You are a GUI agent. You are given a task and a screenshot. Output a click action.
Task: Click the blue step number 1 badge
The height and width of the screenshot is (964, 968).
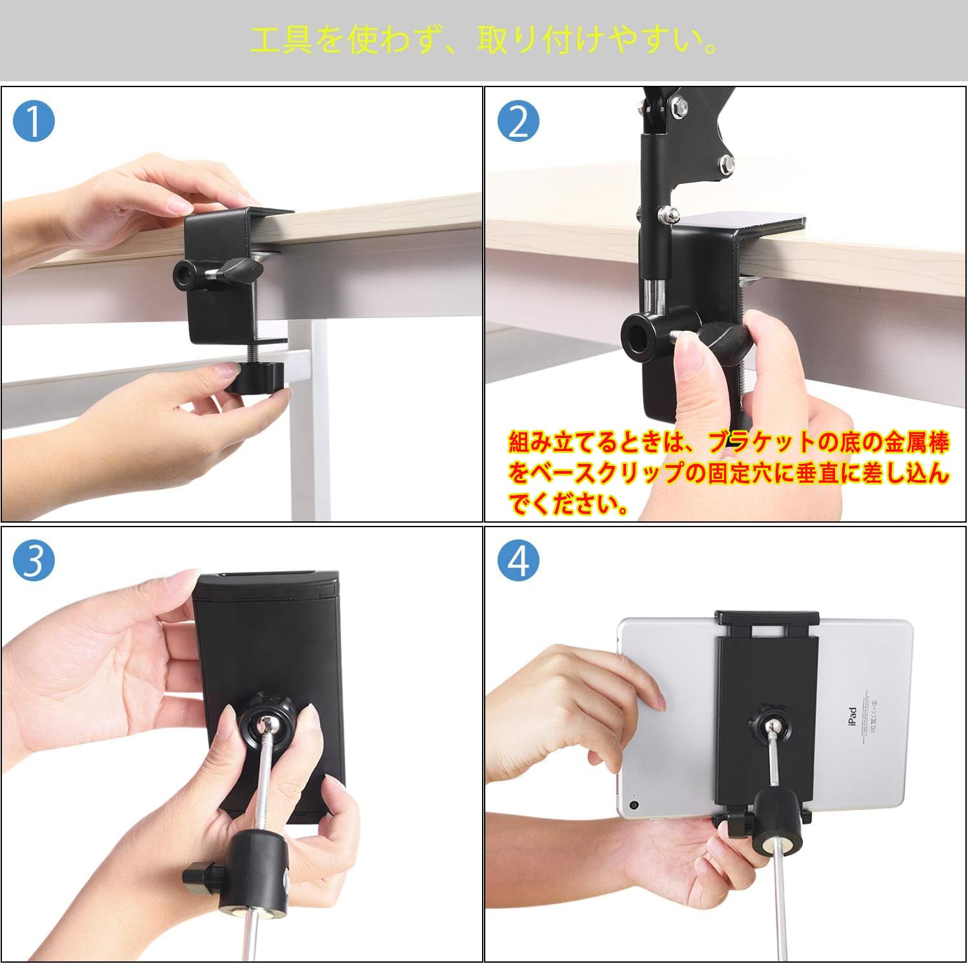[34, 122]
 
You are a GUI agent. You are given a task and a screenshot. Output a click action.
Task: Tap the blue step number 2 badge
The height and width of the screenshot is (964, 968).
[519, 122]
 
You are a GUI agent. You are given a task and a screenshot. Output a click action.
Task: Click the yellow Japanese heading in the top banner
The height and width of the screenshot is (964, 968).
[484, 41]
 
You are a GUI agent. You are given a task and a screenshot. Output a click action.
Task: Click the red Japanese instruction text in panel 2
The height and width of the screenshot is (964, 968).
[729, 474]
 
